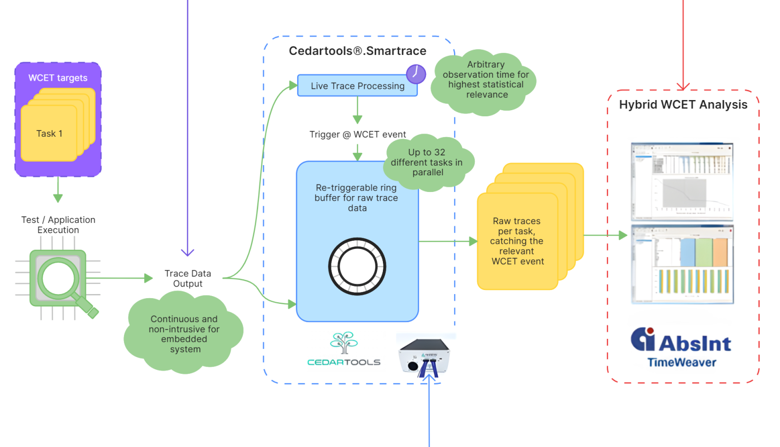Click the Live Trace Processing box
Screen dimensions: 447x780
[357, 86]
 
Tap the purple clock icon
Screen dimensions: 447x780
[416, 74]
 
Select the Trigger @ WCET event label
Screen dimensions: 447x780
[357, 135]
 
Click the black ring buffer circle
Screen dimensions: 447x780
[357, 266]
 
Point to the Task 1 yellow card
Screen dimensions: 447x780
[49, 134]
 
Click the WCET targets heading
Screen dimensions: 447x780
[58, 78]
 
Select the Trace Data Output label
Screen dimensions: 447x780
[187, 278]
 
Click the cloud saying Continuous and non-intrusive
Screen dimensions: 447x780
[184, 334]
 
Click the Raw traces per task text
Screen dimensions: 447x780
[517, 241]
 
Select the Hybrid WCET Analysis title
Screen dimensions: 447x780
[683, 105]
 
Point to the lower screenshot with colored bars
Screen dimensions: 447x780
[682, 264]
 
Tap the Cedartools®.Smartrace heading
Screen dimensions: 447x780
[357, 51]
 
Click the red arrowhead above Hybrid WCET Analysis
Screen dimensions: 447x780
[683, 86]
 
